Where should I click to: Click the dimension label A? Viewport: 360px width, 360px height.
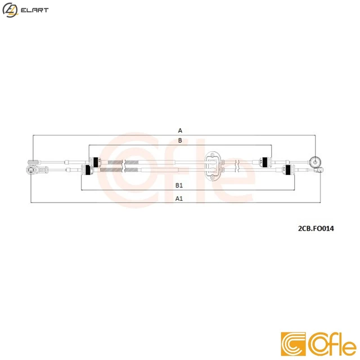180,130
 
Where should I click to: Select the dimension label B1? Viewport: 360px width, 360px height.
179,185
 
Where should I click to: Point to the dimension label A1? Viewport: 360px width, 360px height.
179,198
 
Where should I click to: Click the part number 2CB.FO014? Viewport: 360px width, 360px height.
316,229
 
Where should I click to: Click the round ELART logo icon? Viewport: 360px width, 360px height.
10,10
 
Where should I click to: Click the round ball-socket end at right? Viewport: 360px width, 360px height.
316,160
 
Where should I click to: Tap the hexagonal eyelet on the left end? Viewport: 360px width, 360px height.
31,169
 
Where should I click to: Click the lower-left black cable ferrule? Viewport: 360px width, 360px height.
88,170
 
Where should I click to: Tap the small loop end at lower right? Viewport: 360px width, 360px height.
318,169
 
